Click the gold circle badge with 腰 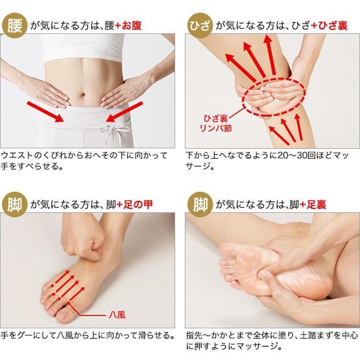15,25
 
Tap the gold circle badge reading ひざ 200,25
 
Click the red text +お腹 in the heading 128,25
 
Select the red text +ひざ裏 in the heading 329,25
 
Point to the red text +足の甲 134,205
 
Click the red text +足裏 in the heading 313,205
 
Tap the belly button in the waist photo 83,95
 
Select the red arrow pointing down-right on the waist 45,112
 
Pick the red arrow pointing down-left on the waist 125,112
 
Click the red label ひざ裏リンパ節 215,123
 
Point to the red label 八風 117,315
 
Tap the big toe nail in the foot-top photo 62,316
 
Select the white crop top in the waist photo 83,47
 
